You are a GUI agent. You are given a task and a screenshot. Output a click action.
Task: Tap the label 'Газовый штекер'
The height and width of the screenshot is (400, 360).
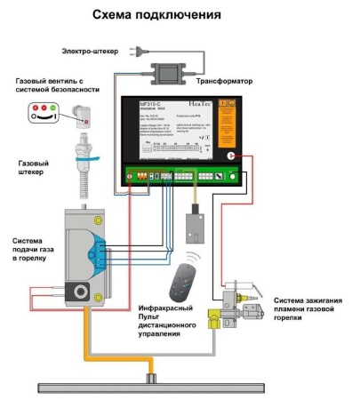click(x=35, y=170)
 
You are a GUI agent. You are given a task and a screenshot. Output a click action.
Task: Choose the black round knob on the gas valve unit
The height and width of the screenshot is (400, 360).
click(x=78, y=292)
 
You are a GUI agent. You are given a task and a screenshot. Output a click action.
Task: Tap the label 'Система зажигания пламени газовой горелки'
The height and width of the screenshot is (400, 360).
click(x=306, y=308)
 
